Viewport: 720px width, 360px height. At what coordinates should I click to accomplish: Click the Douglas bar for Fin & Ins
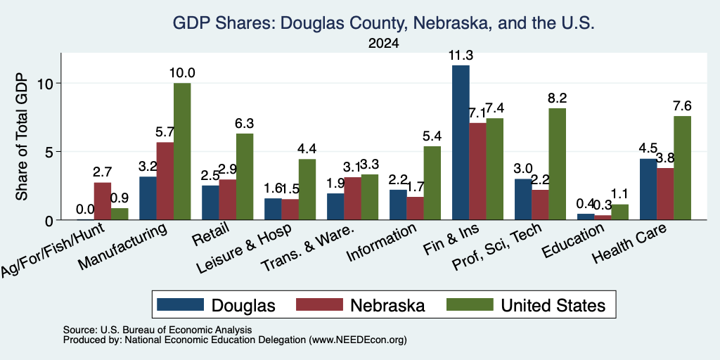point(461,142)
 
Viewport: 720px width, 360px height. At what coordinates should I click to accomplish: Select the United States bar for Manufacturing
point(182,152)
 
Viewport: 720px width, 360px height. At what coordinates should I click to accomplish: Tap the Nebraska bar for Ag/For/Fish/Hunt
point(103,201)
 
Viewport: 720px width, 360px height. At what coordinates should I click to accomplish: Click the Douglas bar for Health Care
point(648,189)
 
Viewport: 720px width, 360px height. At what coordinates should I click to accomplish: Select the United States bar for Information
point(432,183)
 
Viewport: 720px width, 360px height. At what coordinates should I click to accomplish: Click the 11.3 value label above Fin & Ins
point(461,56)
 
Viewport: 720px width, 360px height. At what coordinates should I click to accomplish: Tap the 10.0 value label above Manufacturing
point(182,73)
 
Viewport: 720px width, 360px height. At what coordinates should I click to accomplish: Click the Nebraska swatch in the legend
point(319,304)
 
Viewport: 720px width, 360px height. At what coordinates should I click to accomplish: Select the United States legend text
point(553,305)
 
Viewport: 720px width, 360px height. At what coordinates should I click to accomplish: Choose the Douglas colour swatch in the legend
point(180,304)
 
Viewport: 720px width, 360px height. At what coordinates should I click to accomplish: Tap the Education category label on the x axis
point(573,241)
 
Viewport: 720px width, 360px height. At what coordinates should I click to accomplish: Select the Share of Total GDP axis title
point(22,136)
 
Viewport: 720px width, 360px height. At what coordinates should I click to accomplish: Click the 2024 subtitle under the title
point(383,44)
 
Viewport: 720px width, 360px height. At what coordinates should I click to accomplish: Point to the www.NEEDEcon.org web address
point(358,340)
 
